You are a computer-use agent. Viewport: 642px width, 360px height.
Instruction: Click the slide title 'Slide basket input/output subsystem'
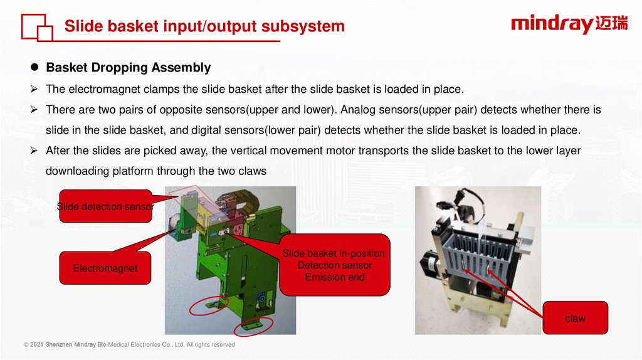coord(204,26)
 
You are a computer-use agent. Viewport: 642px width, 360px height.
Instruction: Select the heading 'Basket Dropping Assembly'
coord(128,67)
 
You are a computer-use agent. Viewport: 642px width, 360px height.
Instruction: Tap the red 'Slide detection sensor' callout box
coord(105,206)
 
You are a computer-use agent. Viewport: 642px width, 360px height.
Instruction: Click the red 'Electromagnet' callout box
coord(105,268)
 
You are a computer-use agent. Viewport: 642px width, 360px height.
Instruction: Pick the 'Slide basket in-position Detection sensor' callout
coord(334,265)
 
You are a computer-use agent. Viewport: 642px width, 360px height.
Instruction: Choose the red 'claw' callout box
coord(575,318)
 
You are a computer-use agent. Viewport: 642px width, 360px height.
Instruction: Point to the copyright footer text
coord(129,344)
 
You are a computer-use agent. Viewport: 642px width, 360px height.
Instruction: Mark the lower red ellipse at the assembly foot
coord(253,326)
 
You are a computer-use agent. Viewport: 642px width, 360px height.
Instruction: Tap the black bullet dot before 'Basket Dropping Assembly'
coord(35,67)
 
